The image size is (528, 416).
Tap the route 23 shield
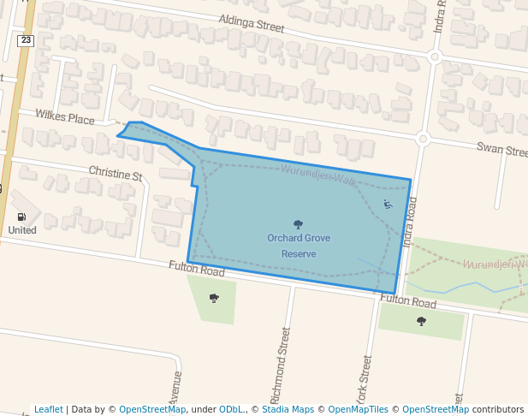coord(25,40)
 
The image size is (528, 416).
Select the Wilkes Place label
coord(65,117)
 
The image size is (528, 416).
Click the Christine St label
coord(116,174)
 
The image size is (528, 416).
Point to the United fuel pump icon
coord(22,217)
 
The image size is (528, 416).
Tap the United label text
coord(22,230)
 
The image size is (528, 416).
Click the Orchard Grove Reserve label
coord(298,246)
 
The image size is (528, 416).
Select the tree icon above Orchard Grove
coord(298,224)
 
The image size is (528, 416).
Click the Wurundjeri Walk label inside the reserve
coord(318,175)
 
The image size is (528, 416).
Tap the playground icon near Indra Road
coord(388,204)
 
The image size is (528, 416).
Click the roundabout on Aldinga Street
coord(434,57)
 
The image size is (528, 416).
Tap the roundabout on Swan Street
coord(422,138)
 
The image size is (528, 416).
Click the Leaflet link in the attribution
coord(48,409)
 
